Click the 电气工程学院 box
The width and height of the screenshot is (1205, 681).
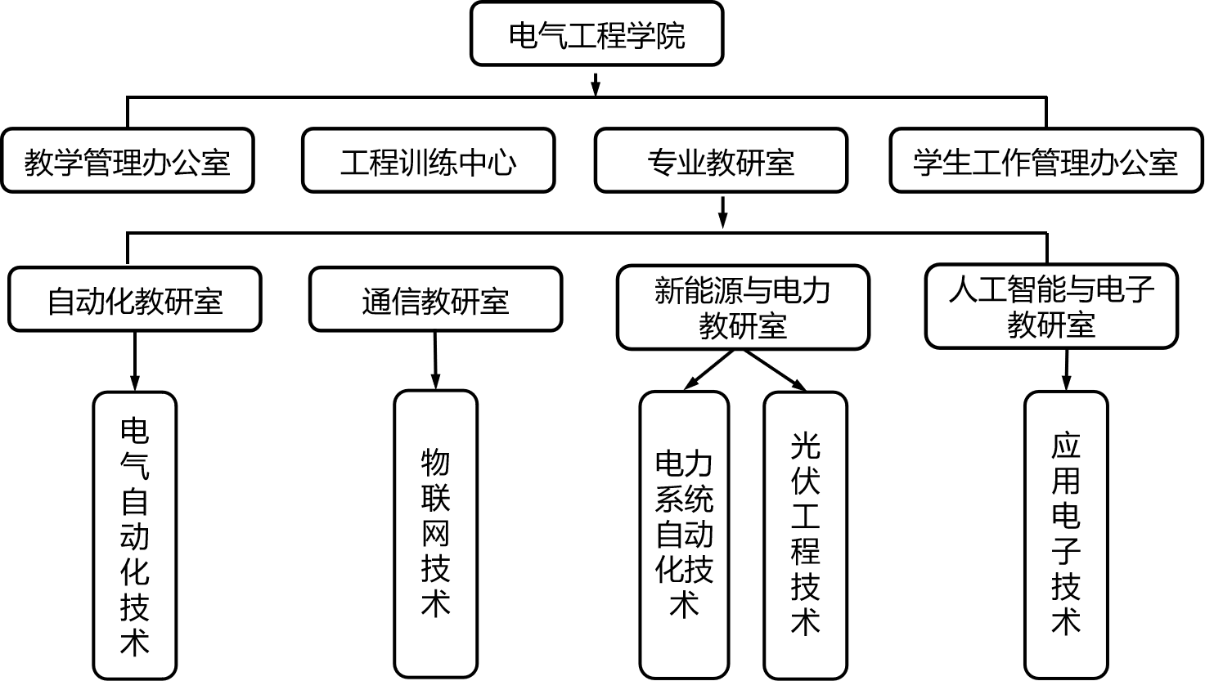pyautogui.click(x=596, y=34)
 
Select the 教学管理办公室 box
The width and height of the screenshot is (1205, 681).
pyautogui.click(x=127, y=160)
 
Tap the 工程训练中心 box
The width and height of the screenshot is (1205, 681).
pyautogui.click(x=428, y=160)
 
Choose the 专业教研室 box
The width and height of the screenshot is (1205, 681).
pyautogui.click(x=721, y=160)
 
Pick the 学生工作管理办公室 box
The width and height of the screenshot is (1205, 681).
pyautogui.click(x=1045, y=160)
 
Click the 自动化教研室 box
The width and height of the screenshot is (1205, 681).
pyautogui.click(x=135, y=299)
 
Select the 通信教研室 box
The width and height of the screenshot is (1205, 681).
pyautogui.click(x=435, y=299)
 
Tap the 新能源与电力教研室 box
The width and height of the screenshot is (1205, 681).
pyautogui.click(x=743, y=307)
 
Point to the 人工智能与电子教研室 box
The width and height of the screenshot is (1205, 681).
pyautogui.click(x=1051, y=306)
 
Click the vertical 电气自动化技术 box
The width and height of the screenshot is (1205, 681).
pyautogui.click(x=135, y=535)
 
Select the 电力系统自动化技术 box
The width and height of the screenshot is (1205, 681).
pyautogui.click(x=684, y=535)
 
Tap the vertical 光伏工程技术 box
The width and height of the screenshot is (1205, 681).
pyautogui.click(x=805, y=535)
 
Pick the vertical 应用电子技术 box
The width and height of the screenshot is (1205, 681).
pyautogui.click(x=1066, y=535)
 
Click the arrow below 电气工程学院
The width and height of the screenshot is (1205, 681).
pyautogui.click(x=596, y=83)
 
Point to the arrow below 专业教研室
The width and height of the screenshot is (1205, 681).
pyautogui.click(x=722, y=212)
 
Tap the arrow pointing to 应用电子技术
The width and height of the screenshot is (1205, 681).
pyautogui.click(x=1066, y=370)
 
